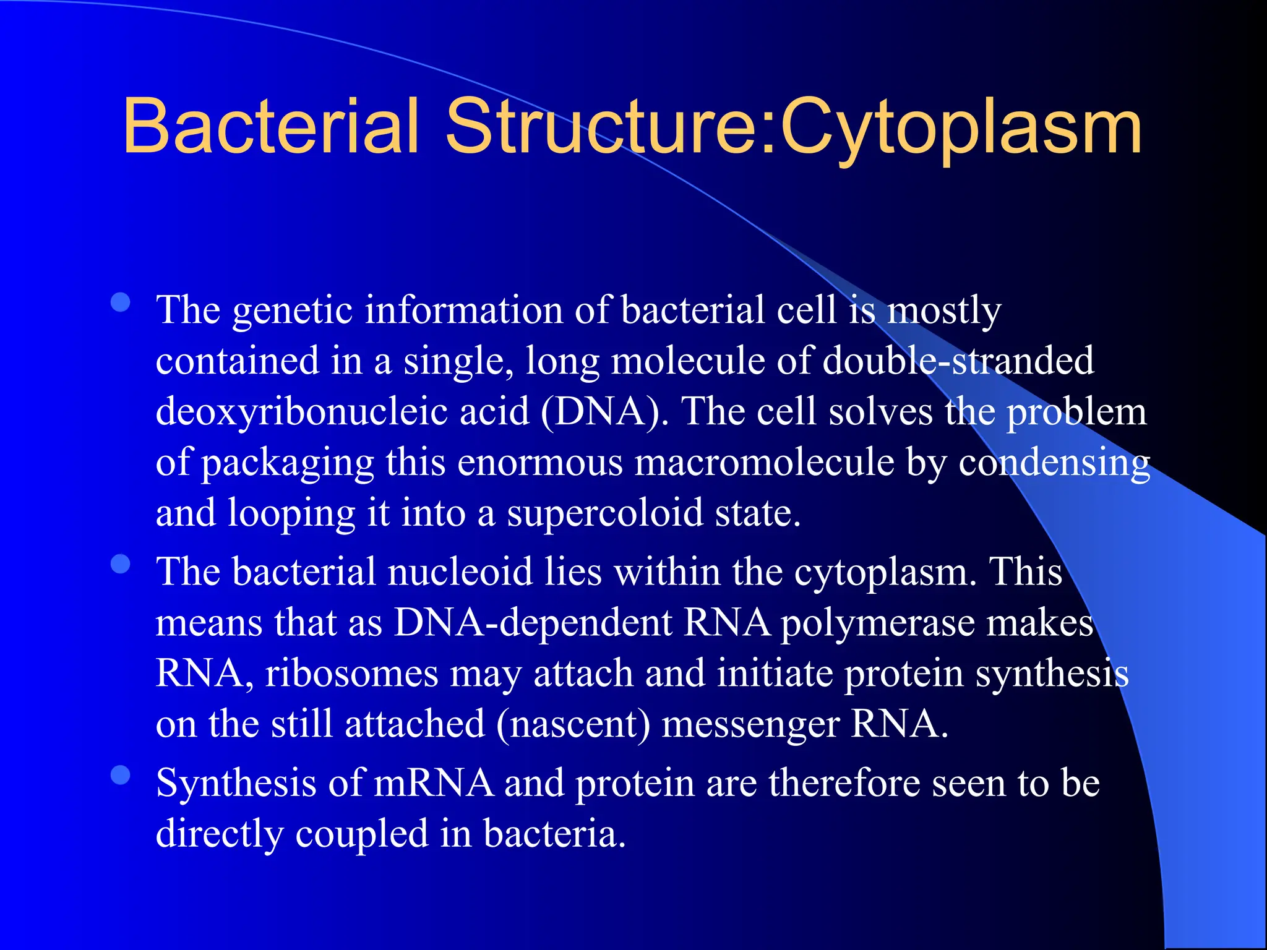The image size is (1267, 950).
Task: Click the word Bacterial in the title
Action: click(x=271, y=127)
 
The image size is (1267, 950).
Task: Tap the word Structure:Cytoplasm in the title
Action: click(x=793, y=127)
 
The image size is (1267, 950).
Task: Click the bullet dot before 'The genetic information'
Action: click(x=121, y=302)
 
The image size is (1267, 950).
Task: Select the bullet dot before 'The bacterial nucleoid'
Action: click(x=121, y=564)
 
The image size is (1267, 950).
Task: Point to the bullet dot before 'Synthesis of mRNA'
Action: click(x=121, y=776)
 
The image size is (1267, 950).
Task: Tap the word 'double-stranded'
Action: click(x=958, y=361)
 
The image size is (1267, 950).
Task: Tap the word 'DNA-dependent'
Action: click(x=533, y=623)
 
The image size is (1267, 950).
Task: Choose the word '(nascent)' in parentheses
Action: click(x=573, y=724)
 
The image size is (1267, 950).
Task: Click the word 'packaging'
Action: click(x=288, y=463)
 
